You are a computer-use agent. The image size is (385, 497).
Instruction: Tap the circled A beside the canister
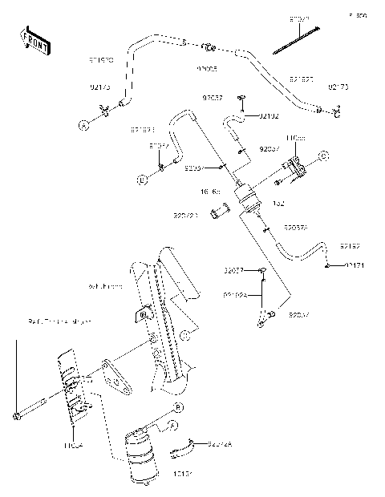tap(173, 425)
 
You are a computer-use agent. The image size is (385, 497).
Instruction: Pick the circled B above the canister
tap(178, 408)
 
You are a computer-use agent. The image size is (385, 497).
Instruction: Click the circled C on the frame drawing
tap(184, 333)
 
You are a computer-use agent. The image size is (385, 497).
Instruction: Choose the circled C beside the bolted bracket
tap(323, 155)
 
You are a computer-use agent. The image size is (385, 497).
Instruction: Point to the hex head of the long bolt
tap(16, 416)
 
